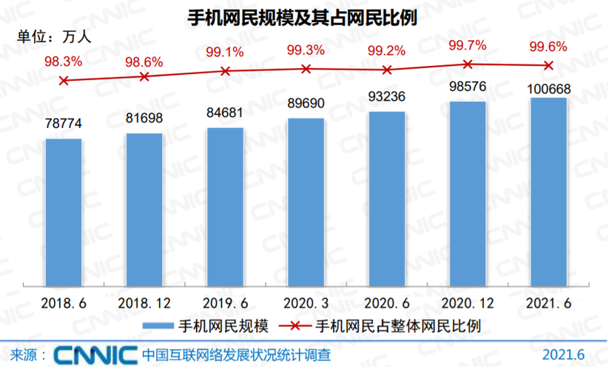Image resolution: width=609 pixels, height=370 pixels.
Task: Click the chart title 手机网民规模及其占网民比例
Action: pos(305,18)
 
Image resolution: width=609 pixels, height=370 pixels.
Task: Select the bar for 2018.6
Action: pos(64,211)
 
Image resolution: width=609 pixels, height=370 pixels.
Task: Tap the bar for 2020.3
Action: pos(306,201)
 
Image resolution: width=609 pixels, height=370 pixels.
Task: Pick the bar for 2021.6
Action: pos(548,191)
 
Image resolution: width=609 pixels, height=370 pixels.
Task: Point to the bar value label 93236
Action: pos(386,97)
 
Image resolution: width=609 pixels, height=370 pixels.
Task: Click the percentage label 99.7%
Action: pos(467,46)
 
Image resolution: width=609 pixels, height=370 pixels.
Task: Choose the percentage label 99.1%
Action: pos(225,52)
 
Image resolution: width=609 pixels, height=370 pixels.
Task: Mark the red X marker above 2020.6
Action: pos(386,70)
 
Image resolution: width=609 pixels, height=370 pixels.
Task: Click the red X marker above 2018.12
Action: pos(144,76)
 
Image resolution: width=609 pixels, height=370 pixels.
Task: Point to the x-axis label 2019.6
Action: pos(225,303)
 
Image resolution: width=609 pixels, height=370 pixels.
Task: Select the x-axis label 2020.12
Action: pos(467,303)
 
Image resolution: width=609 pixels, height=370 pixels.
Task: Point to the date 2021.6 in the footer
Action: pos(564,354)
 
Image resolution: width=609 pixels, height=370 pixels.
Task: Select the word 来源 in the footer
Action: pos(26,354)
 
